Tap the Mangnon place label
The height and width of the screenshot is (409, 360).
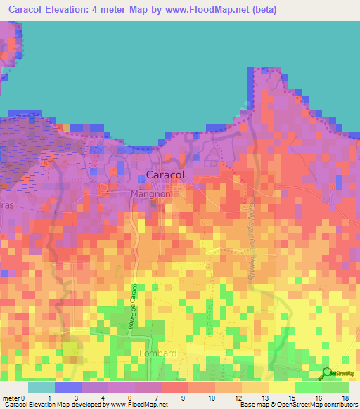click(149, 193)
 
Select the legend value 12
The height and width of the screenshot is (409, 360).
click(238, 398)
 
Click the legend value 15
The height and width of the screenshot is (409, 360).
click(291, 398)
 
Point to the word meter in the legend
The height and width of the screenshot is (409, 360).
click(12, 398)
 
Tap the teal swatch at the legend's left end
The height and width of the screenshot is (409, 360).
click(41, 387)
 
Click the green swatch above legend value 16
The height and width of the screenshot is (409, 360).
click(308, 387)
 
